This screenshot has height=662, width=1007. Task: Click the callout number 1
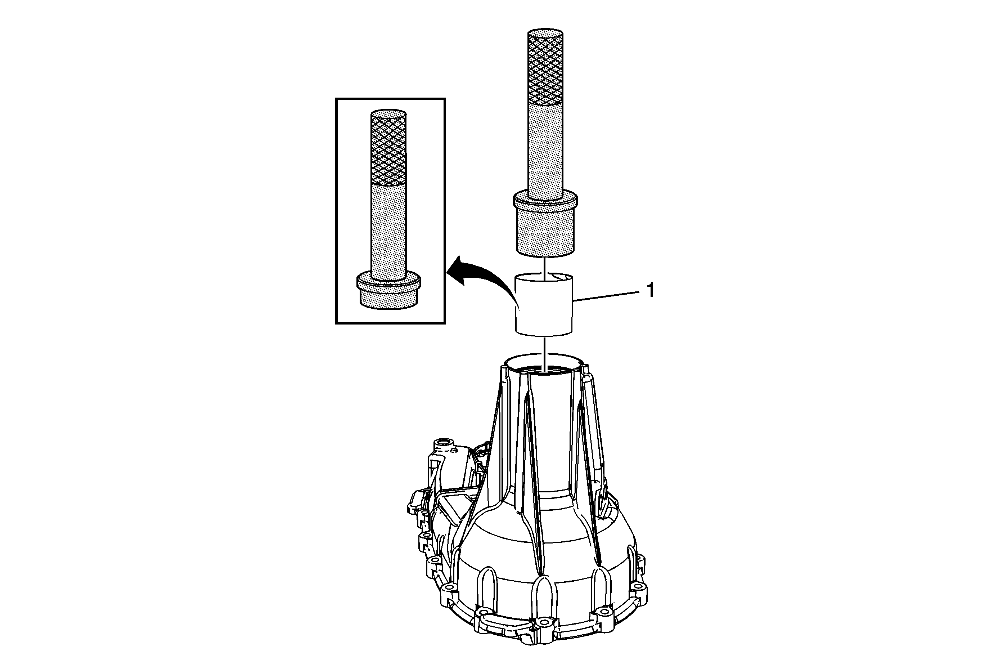[x=651, y=290]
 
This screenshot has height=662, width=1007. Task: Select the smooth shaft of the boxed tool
[x=388, y=231]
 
